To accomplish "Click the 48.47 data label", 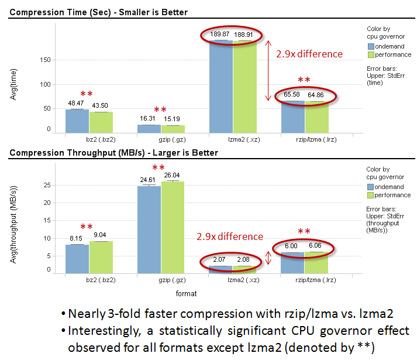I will (75, 104).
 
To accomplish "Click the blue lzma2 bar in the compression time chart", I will (220, 88).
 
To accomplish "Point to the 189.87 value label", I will (220, 35).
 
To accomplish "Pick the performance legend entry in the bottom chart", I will (392, 195).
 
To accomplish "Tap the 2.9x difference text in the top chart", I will (309, 54).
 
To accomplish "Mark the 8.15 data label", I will (77, 238).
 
